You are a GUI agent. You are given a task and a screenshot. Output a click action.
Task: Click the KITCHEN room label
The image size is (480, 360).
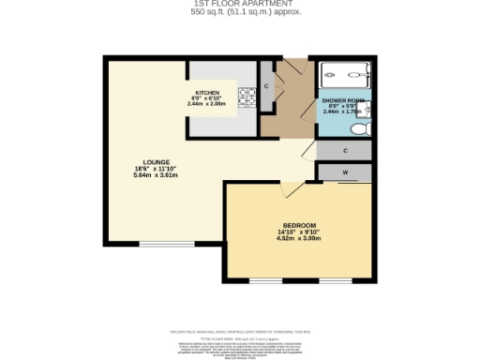click(x=207, y=93)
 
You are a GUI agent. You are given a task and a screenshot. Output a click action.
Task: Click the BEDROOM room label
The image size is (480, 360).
click(x=299, y=226)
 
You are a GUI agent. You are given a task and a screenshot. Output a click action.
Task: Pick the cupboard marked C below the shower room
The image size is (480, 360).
click(x=345, y=150)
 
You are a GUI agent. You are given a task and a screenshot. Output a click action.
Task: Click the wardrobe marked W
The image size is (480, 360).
click(x=345, y=172)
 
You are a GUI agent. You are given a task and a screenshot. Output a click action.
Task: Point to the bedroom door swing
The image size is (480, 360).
click(x=292, y=190)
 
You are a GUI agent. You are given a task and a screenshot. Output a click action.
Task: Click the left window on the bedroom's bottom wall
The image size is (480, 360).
click(x=264, y=280)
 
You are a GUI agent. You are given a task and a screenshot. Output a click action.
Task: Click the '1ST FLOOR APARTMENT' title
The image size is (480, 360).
click(x=239, y=4)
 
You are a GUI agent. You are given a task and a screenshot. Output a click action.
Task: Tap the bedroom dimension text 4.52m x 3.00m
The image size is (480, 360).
click(x=299, y=239)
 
